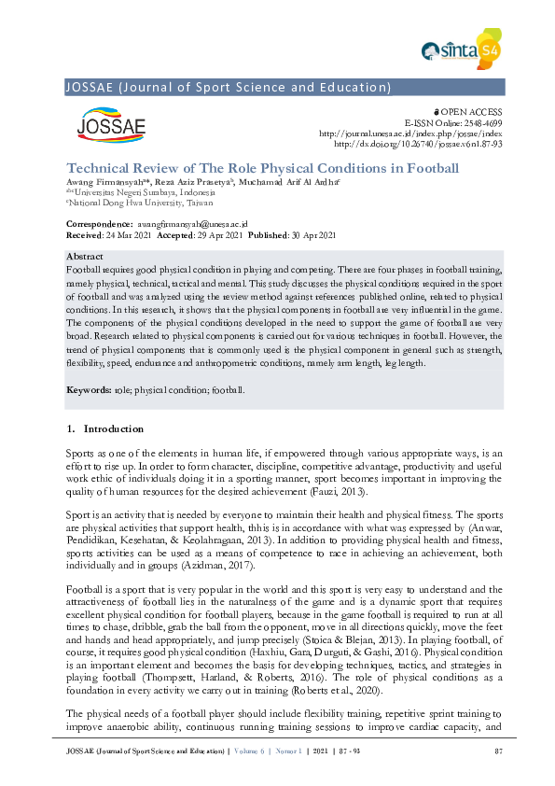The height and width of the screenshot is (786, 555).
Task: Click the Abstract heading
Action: [x=85, y=255]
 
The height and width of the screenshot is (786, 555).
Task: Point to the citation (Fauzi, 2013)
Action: [x=340, y=491]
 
